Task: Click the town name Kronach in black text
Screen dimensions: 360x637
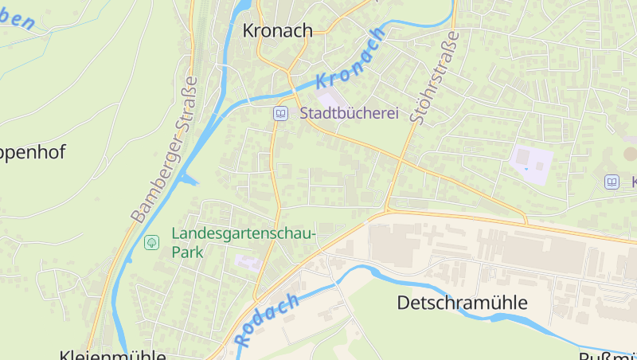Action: [277, 30]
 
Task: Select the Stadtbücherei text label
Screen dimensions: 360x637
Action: [349, 114]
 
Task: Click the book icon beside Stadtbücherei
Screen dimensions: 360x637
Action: [280, 114]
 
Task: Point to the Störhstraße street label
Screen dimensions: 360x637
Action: [433, 78]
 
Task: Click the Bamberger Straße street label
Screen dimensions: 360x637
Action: [164, 149]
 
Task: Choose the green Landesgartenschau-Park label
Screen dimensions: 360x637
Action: [244, 243]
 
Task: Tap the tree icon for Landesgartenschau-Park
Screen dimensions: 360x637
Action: [151, 241]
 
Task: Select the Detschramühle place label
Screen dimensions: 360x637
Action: [462, 303]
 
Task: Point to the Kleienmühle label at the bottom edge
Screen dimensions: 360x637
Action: [112, 354]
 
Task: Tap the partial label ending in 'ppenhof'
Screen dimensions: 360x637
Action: [32, 152]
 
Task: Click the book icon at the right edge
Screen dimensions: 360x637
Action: [612, 182]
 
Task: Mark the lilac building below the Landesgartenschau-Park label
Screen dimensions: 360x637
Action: [248, 262]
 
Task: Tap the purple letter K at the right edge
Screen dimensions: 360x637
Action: [633, 182]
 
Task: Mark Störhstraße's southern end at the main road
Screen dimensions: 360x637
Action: [386, 210]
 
